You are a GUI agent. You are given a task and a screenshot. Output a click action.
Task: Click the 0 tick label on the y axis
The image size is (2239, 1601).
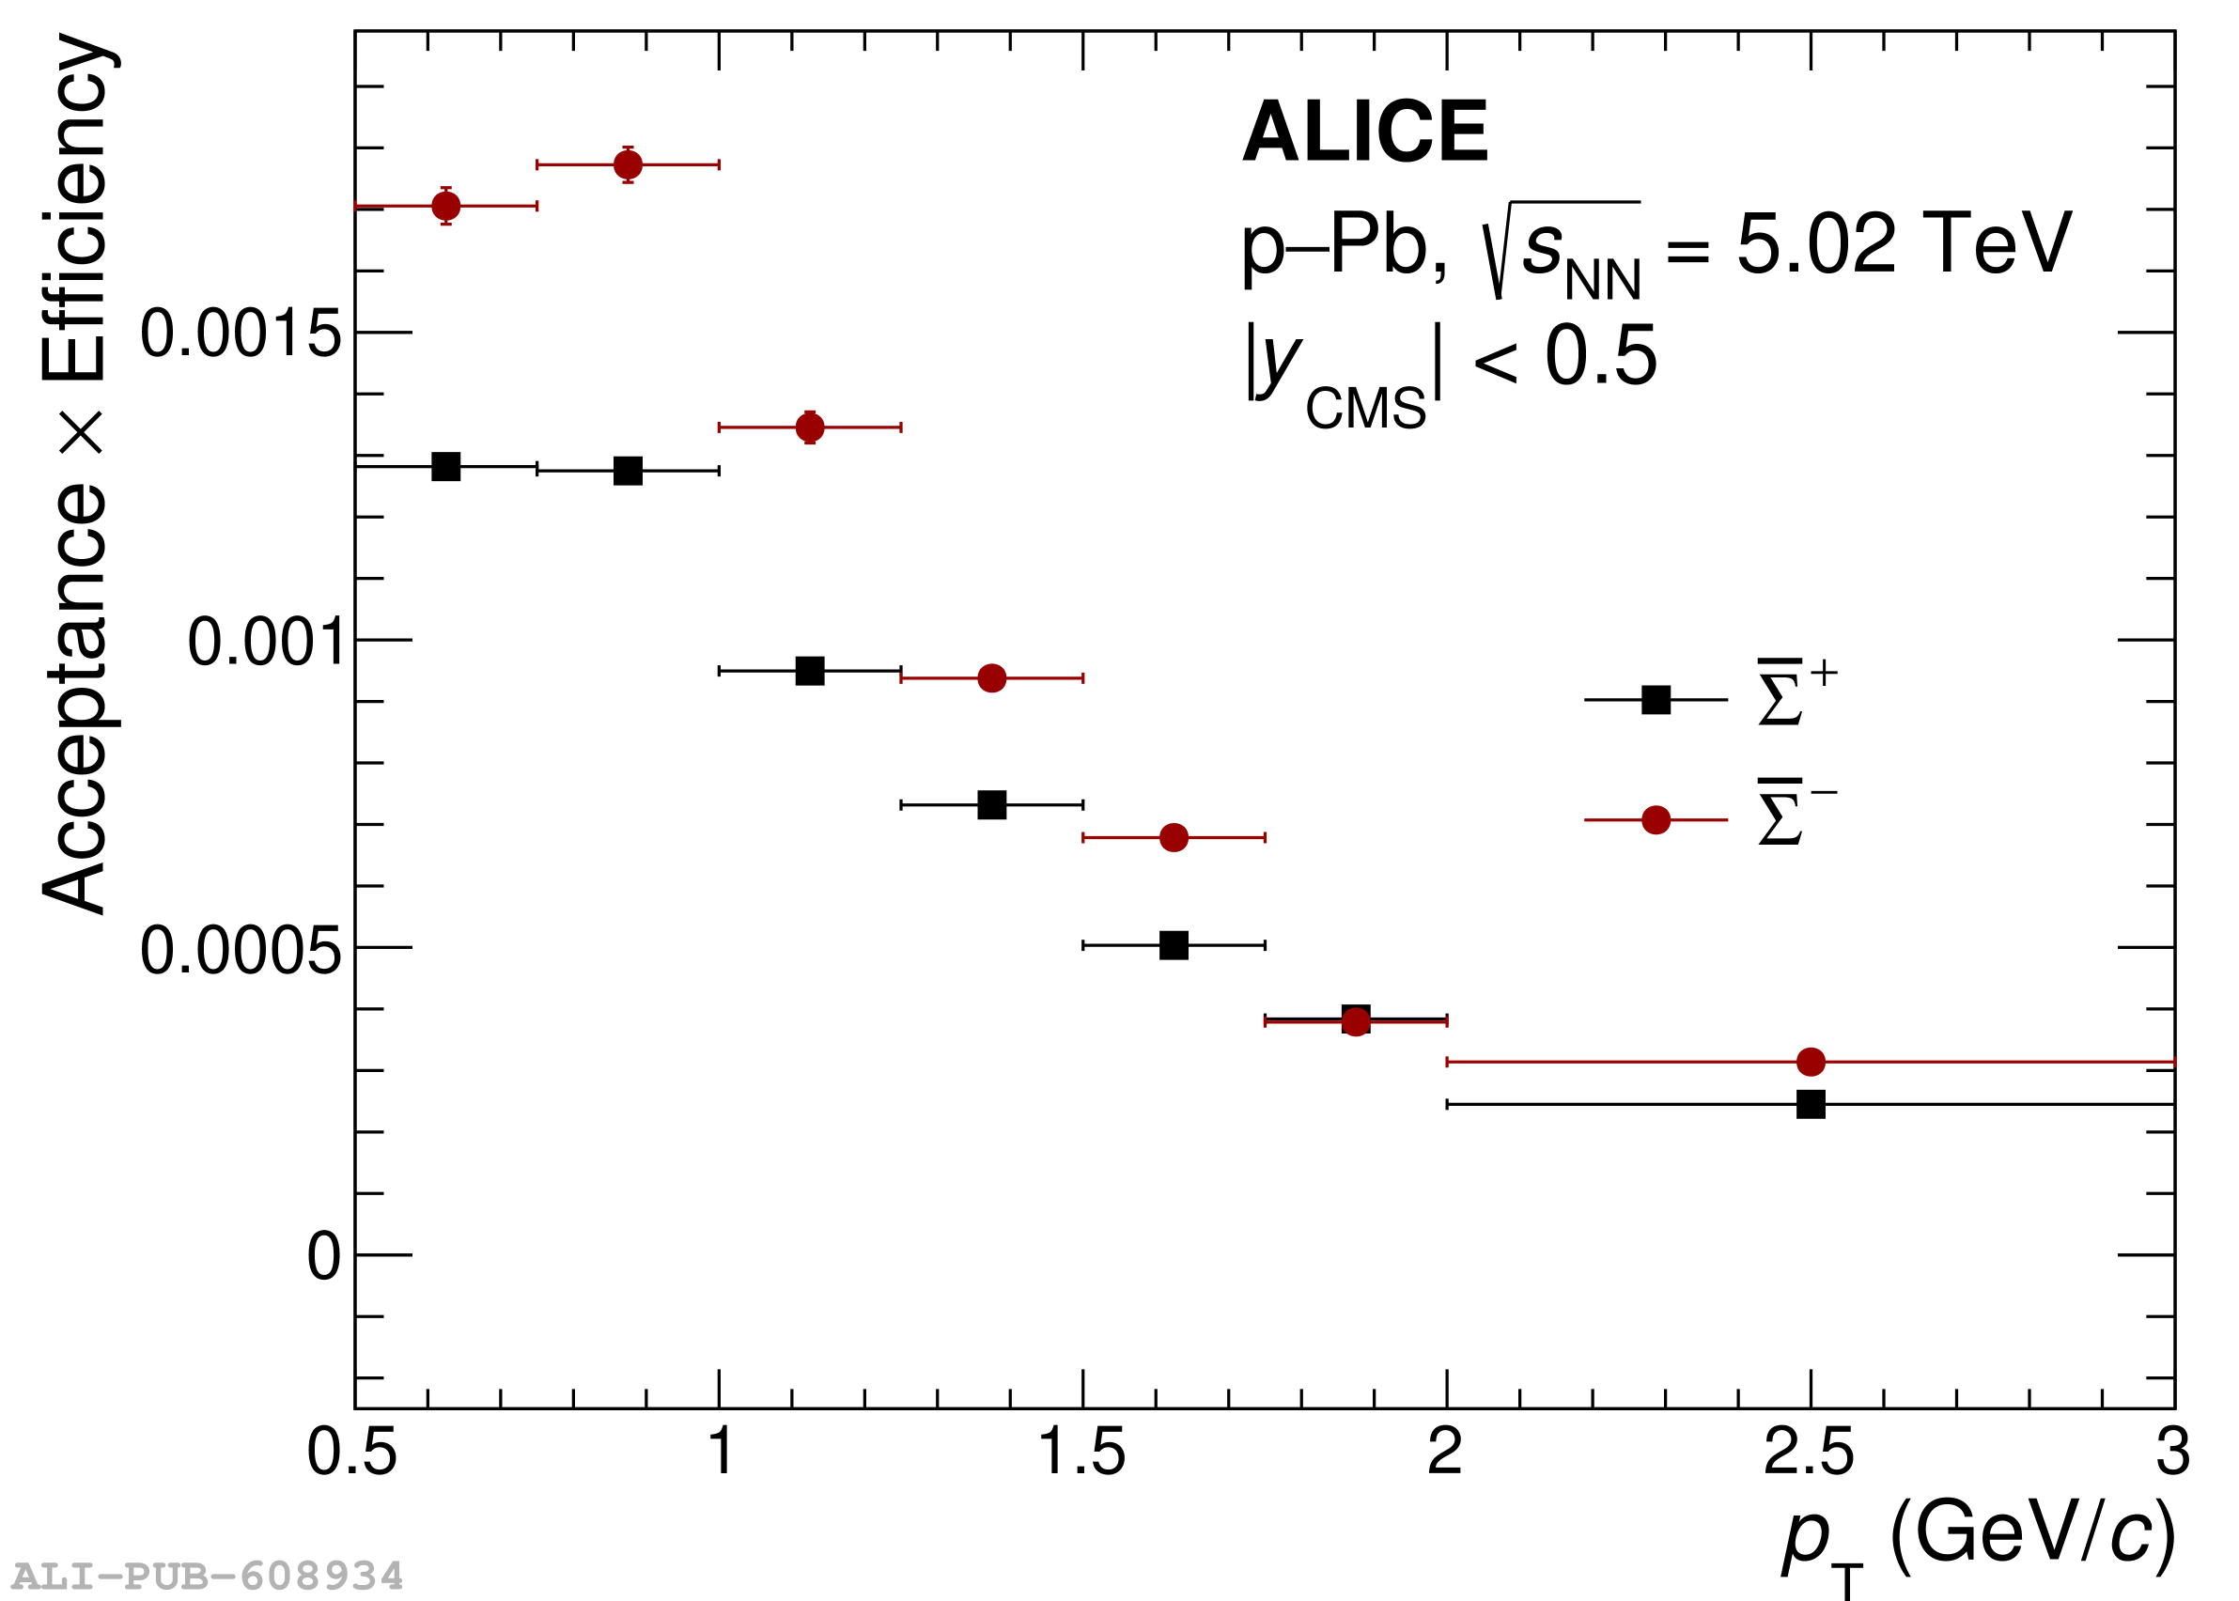tap(323, 1258)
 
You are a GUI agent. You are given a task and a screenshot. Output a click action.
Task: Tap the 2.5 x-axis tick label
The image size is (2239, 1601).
tap(1808, 1453)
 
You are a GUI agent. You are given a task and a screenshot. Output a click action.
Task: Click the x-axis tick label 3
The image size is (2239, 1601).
tap(2172, 1453)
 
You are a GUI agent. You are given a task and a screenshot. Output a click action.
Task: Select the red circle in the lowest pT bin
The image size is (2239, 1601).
tap(445, 206)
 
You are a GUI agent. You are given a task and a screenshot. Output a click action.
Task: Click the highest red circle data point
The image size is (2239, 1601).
tap(628, 164)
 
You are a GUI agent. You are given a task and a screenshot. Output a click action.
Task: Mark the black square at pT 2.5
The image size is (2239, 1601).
tap(1811, 1104)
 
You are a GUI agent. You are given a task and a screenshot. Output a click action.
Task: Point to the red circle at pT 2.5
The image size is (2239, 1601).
tap(1811, 1062)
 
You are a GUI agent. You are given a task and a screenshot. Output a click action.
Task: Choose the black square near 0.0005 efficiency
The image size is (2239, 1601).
tap(1174, 945)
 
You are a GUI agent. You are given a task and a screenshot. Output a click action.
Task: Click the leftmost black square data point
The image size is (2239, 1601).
tap(445, 466)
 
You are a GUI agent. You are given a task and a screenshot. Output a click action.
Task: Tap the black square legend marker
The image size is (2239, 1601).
tap(1656, 700)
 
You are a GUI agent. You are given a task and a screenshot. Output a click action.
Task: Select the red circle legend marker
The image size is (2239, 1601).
tap(1656, 819)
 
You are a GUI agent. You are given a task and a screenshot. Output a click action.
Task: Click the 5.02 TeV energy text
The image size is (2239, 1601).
tap(1903, 243)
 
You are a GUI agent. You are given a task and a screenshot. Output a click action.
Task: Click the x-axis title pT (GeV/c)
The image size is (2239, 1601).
tap(1978, 1538)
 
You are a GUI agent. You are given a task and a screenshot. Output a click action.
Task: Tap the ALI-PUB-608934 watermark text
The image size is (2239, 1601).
tap(207, 1577)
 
